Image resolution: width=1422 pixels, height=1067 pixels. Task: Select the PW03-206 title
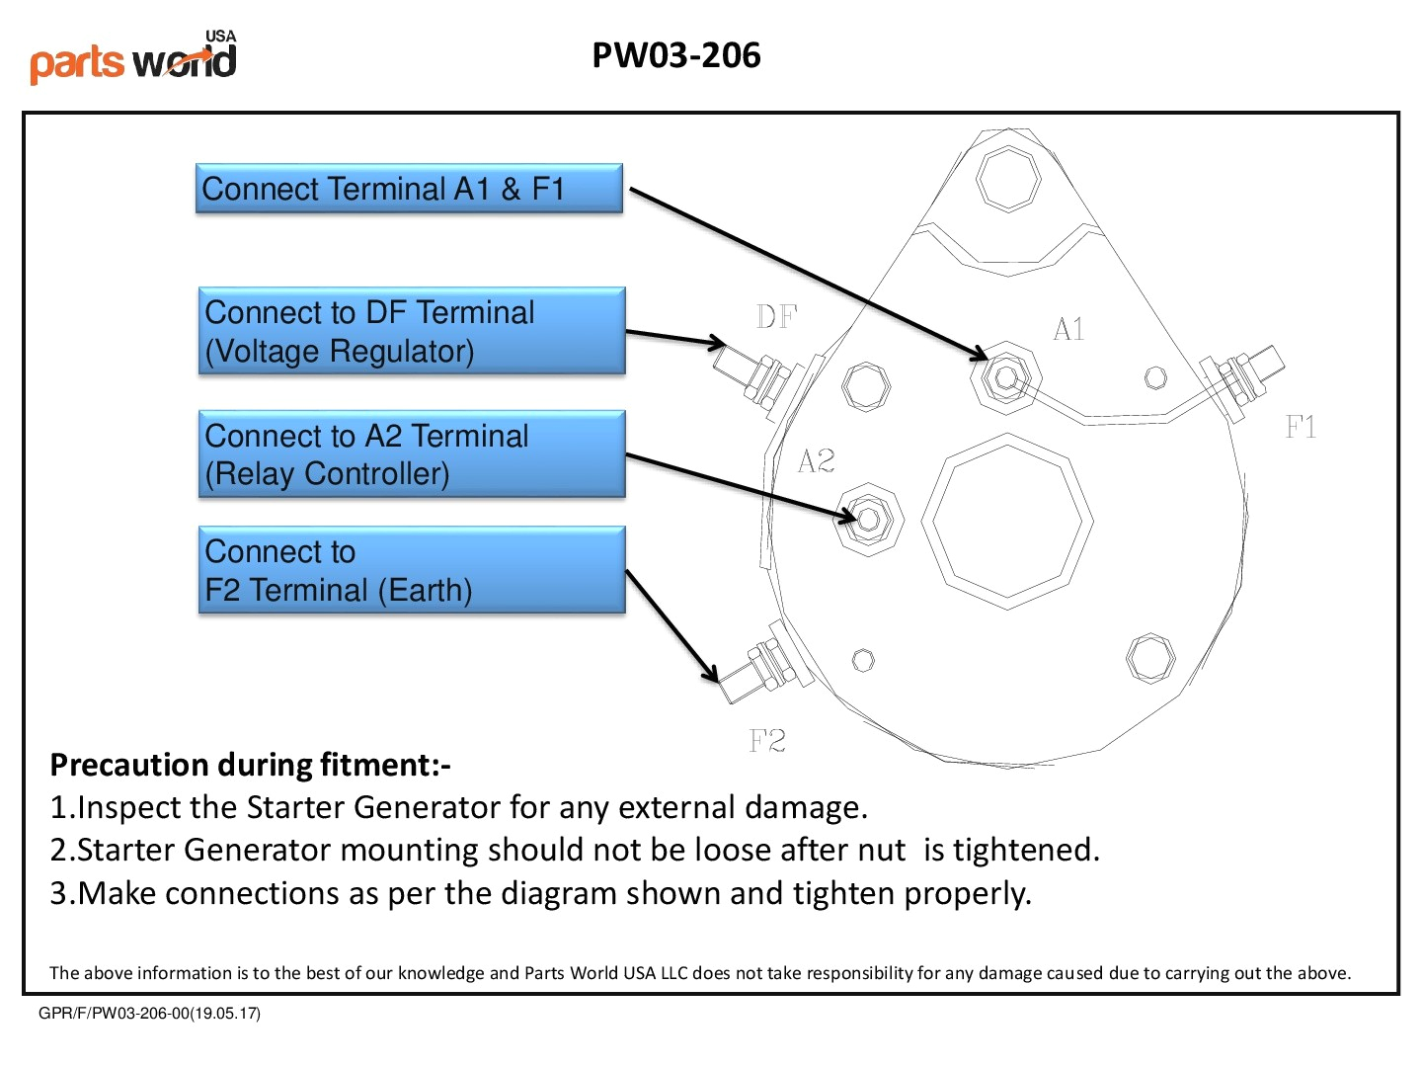(676, 55)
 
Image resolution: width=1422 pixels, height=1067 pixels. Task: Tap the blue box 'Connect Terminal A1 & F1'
(409, 189)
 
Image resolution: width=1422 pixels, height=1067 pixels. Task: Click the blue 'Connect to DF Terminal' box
(412, 331)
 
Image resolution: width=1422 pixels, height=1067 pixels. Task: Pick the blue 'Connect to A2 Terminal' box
(412, 454)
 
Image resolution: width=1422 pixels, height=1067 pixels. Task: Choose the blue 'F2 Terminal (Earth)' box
(412, 570)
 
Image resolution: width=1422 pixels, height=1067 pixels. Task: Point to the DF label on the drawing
(776, 317)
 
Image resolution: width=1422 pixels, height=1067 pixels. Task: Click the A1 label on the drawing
(1068, 329)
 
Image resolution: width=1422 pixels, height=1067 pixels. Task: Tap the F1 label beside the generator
(1301, 427)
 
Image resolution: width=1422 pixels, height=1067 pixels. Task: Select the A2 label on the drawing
(817, 460)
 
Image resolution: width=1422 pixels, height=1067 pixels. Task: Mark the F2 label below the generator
(767, 741)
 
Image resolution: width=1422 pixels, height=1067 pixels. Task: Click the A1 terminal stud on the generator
(1005, 376)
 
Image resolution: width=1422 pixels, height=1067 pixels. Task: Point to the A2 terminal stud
(869, 519)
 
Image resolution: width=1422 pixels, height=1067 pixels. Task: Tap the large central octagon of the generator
(1007, 521)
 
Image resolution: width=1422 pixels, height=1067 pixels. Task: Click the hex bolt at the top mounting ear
(1007, 178)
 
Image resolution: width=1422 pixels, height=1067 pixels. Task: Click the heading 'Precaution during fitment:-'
(250, 765)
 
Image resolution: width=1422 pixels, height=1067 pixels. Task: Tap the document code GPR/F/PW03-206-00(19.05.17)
(149, 1013)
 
